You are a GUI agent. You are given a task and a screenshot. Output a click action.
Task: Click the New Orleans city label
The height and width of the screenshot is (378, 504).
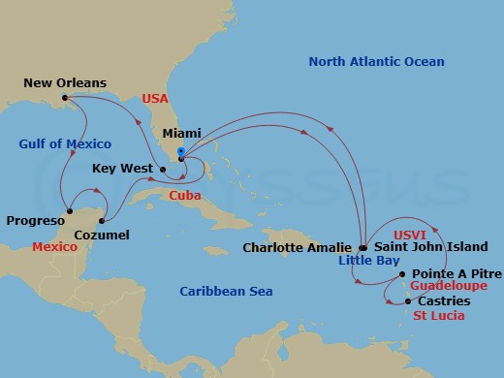point(66,83)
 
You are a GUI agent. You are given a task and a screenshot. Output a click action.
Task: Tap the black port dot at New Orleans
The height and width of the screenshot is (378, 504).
point(65,98)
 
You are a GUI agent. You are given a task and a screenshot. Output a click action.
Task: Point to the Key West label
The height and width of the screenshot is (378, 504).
point(123,169)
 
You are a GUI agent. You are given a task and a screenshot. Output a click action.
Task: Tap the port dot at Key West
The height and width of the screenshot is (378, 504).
point(163,170)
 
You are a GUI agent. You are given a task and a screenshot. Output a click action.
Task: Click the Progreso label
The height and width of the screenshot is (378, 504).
point(35,221)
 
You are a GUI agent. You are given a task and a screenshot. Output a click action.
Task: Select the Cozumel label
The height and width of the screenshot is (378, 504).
point(102,235)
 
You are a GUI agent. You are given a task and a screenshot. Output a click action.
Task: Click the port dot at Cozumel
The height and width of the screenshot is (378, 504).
point(99,219)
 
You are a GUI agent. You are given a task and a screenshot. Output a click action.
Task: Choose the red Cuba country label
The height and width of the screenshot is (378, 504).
point(185,195)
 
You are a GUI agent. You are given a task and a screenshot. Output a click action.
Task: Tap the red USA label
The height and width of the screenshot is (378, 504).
point(155,99)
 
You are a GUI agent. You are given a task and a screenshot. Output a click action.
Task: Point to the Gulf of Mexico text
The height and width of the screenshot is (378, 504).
point(65,144)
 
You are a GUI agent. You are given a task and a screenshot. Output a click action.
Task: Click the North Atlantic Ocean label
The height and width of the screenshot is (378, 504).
point(376,62)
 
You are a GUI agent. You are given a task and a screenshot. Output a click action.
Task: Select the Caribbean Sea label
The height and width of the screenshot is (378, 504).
point(227,291)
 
